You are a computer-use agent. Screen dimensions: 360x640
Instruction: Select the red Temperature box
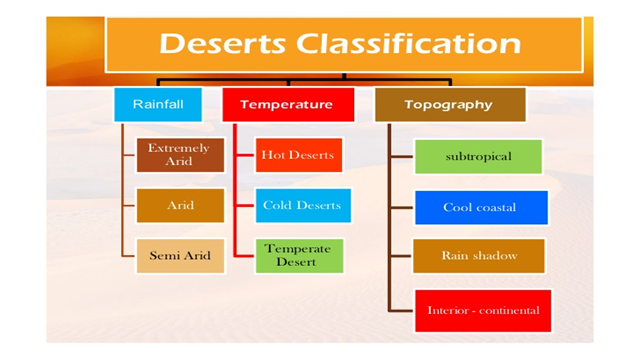285,104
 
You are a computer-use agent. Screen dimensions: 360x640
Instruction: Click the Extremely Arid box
179,154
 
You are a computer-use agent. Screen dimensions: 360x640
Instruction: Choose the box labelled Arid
180,205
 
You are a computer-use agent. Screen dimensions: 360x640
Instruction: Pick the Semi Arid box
180,256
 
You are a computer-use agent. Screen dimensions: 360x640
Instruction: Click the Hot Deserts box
297,155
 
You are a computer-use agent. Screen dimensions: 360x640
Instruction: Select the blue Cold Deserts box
302,205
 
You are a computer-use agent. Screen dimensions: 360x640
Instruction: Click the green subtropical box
478,157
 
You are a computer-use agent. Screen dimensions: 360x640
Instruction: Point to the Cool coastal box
480,207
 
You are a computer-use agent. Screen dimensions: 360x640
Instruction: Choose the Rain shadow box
479,256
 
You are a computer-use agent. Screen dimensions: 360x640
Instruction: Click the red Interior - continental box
483,309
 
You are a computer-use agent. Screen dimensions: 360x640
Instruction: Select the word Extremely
179,148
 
